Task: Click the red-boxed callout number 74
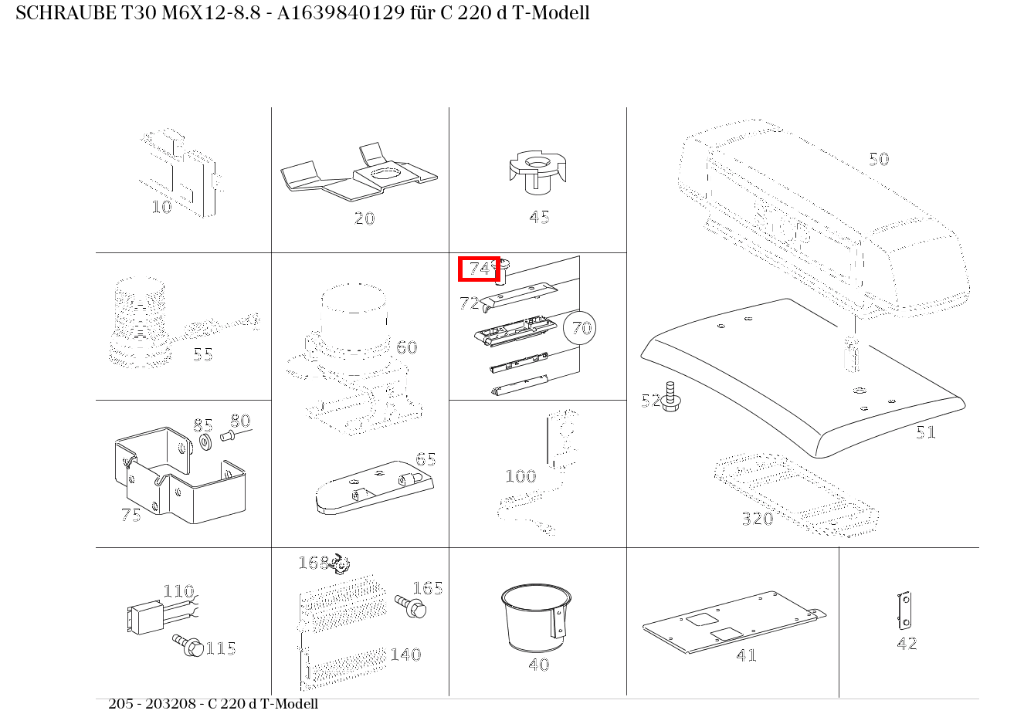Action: tap(480, 269)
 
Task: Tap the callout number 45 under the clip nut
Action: tap(539, 217)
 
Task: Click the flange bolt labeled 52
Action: tap(670, 397)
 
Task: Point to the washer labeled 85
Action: tap(205, 442)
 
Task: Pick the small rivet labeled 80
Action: tap(228, 436)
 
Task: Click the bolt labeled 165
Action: tap(411, 606)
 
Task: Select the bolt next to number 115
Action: tap(188, 645)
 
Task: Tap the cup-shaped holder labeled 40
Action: tap(536, 617)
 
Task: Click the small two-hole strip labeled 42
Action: tap(904, 610)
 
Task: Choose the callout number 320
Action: tap(758, 519)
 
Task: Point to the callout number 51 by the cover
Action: tap(926, 432)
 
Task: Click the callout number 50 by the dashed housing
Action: tap(879, 159)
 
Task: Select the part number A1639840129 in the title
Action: tap(341, 13)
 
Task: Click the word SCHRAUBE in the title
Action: tap(66, 13)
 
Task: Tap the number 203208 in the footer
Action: tap(170, 703)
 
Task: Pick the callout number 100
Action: tap(520, 476)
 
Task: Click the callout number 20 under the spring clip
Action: tap(365, 218)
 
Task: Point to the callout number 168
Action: tap(314, 563)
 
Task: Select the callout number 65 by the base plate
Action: tap(426, 459)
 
